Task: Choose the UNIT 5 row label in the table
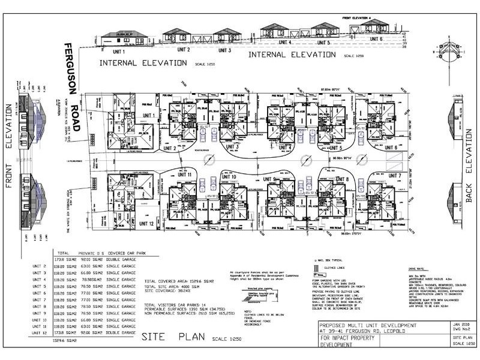coord(38,286)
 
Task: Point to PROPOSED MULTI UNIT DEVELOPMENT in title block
coord(366,325)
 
